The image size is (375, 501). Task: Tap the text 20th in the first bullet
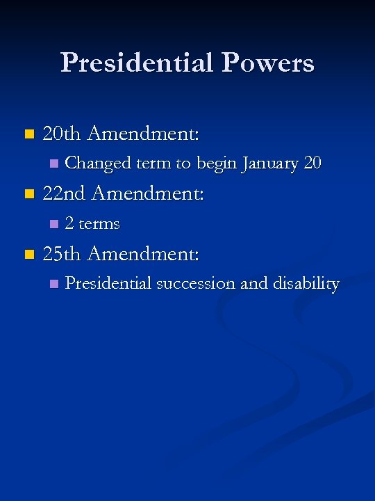point(62,133)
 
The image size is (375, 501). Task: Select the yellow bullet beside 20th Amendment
point(28,134)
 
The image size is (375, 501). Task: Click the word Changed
point(97,164)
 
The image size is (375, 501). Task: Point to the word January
point(270,164)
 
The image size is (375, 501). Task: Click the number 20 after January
point(312,164)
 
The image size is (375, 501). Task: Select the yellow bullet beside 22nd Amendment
point(28,194)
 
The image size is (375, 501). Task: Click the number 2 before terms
point(69,224)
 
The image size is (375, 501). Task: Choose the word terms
point(99,224)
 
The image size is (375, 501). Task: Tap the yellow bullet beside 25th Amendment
point(28,255)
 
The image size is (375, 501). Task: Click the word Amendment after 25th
point(144,254)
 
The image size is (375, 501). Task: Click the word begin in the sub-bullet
point(217,164)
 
